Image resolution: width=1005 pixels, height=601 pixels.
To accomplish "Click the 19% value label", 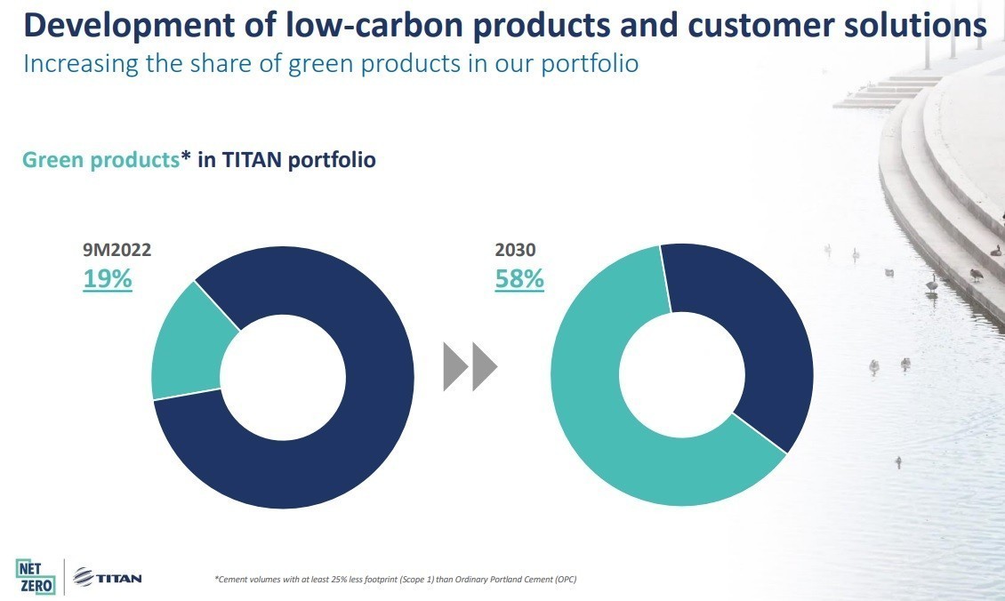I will pos(108,278).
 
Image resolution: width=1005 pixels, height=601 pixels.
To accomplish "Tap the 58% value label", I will pos(519,278).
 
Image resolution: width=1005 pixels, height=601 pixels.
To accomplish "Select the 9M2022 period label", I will pos(117,251).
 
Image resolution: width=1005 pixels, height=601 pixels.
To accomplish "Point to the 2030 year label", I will pos(515,251).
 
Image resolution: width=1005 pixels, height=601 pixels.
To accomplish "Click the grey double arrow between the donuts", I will pos(470,367).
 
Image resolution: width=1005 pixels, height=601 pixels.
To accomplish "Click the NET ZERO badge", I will pos(36,575).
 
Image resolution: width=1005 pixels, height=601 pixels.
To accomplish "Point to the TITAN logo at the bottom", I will pos(107,578).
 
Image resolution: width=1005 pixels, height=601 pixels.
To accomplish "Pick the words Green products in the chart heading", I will pos(100,160).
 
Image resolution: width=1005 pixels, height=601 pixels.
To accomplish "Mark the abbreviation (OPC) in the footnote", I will pos(565,580).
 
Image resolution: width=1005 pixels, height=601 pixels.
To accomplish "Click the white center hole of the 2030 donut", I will pos(682,374).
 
